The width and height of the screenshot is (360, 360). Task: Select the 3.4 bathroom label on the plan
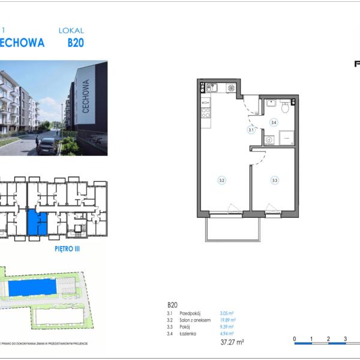coord(274,123)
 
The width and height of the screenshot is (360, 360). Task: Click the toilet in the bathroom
coord(286,107)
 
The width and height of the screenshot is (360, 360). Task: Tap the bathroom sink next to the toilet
coord(271,103)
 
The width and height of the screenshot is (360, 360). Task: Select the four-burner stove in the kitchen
coord(205,111)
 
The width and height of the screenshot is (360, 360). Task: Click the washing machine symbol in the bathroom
coord(269,140)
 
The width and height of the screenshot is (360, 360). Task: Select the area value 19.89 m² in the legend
coord(227,320)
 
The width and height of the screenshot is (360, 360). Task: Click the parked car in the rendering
coord(47,146)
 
